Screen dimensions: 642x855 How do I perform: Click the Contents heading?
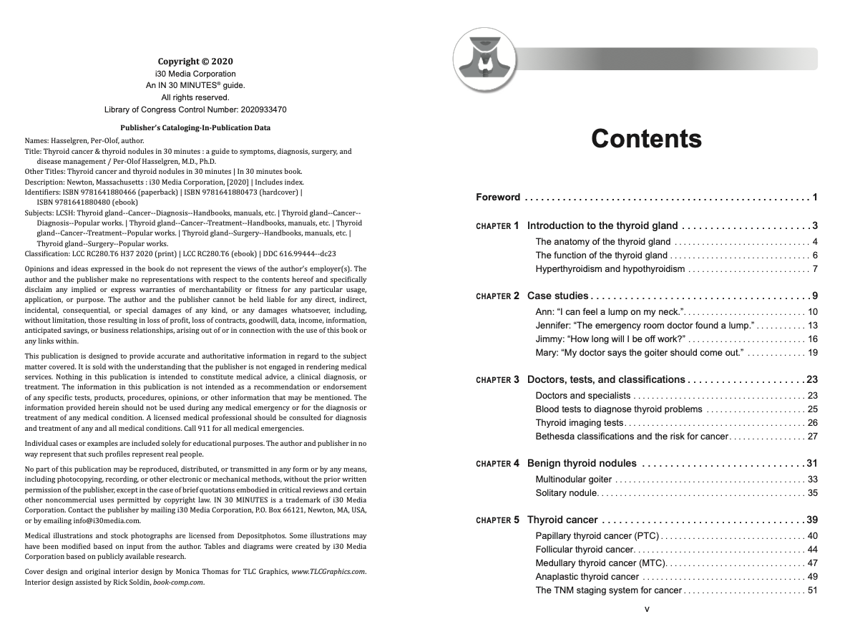click(x=646, y=139)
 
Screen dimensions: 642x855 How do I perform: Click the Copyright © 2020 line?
click(x=195, y=62)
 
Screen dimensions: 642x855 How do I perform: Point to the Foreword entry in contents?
click(x=499, y=198)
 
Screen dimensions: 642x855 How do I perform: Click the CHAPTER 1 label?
click(x=498, y=226)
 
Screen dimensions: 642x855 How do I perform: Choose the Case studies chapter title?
click(x=557, y=296)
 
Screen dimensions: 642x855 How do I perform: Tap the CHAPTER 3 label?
click(x=498, y=380)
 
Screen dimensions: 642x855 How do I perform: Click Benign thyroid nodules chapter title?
click(x=582, y=463)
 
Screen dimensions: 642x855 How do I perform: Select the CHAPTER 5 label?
click(x=498, y=520)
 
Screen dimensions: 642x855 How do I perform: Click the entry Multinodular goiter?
click(x=574, y=479)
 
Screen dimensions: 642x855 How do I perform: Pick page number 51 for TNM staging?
click(x=812, y=590)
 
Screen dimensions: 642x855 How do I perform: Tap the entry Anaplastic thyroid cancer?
click(x=587, y=577)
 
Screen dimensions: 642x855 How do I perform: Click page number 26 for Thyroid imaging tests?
click(x=812, y=423)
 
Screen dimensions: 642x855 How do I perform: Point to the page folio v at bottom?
click(x=647, y=609)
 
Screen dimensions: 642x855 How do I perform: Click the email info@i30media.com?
click(x=106, y=520)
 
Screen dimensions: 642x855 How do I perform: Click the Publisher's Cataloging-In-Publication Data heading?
click(x=195, y=128)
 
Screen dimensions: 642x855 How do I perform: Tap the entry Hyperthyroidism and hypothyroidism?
click(x=610, y=269)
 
